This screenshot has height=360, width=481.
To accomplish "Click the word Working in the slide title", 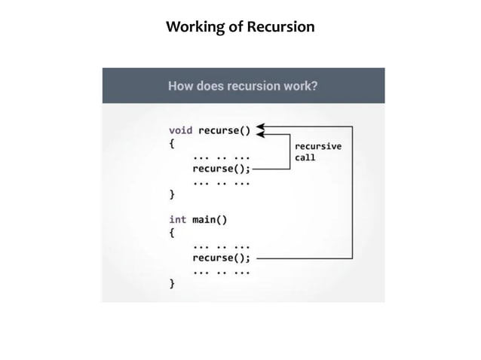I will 195,28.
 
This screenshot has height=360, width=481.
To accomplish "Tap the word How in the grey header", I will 181,86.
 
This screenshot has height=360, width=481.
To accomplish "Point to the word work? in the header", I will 299,86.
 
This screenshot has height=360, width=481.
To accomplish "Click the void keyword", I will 181,130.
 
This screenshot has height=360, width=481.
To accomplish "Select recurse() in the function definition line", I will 224,130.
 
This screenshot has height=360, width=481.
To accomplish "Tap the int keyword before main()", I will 178,220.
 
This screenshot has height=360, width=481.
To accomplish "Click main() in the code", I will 210,220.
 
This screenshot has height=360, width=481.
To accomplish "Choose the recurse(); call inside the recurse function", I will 221,169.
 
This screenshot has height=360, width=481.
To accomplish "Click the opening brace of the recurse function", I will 172,143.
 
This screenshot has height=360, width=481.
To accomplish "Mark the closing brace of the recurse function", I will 172,194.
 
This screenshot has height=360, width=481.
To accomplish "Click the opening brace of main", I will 172,233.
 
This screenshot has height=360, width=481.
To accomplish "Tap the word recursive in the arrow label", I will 317,146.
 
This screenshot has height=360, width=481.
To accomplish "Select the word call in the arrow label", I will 305,158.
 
